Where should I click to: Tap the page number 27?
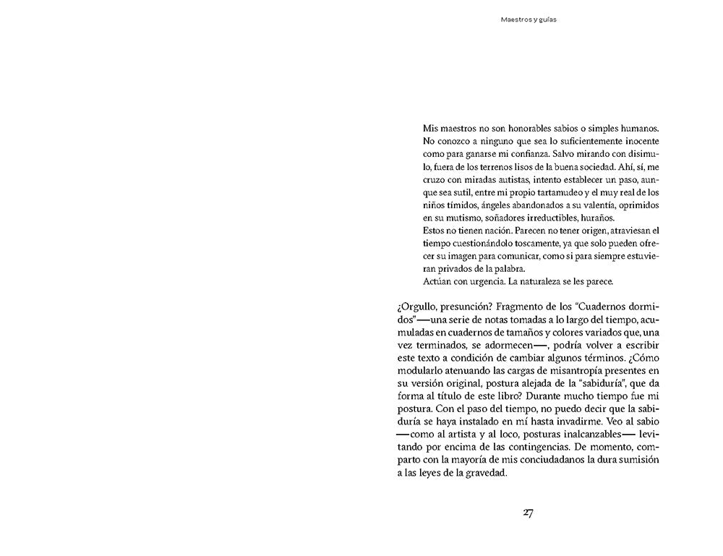528,513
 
